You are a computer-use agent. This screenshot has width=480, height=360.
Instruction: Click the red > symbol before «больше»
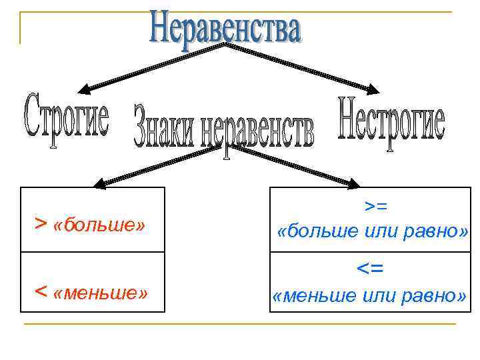point(40,222)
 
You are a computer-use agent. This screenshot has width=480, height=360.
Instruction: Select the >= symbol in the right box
point(371,208)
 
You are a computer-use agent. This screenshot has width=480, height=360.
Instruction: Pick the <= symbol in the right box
point(371,269)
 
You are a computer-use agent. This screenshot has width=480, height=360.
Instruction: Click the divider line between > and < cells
point(93,252)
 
